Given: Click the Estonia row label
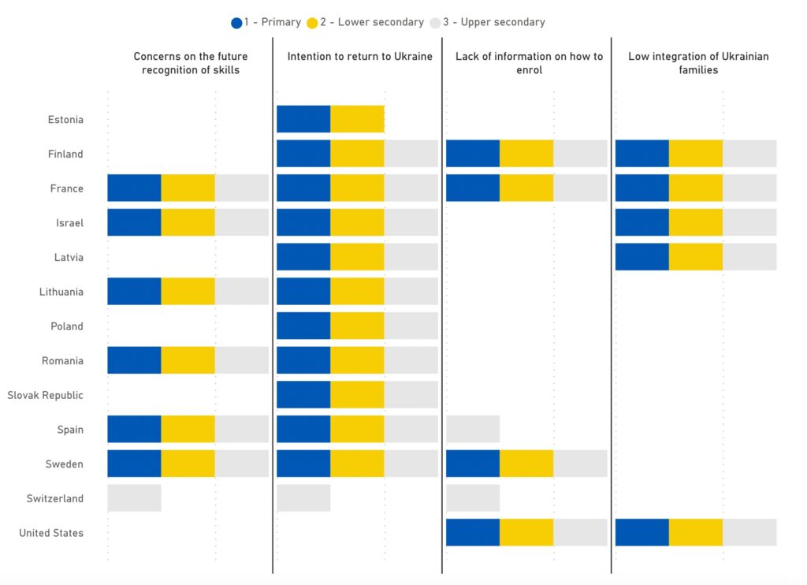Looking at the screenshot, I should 65,120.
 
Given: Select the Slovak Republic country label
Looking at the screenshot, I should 45,395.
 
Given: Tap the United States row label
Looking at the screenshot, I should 51,533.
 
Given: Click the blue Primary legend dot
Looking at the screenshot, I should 236,23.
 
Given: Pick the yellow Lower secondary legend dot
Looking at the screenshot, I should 313,23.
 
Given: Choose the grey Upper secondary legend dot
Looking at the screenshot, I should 435,23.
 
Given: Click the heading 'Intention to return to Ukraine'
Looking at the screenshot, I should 359,57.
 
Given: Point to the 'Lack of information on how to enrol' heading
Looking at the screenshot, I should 529,63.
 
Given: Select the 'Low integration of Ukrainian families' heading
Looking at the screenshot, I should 698,63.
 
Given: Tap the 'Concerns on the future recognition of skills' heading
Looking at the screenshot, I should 190,63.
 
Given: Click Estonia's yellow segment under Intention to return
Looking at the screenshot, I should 357,119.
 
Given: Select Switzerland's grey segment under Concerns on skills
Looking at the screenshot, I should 134,498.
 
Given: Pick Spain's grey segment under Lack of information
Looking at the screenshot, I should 473,429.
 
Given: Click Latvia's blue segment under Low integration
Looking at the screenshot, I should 642,257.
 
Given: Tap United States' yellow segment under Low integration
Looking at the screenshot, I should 696,532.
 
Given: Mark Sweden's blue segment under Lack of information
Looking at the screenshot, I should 473,464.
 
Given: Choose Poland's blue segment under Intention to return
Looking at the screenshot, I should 303,326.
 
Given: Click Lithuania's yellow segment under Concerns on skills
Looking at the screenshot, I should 188,291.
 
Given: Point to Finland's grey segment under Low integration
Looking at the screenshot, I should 749,154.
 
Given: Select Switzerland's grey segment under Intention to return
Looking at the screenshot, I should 303,498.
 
